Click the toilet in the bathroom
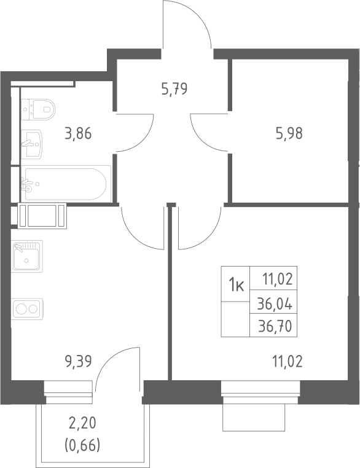(x=38, y=109)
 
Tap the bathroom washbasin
(x=31, y=144)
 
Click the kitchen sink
(x=27, y=256)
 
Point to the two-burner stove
(x=27, y=308)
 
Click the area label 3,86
(x=78, y=133)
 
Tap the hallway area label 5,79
(x=174, y=88)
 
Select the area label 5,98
(x=289, y=133)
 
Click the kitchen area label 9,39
(x=78, y=362)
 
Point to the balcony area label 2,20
(x=82, y=423)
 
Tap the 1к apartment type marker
(x=236, y=286)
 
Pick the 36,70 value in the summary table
(x=275, y=327)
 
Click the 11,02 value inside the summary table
(x=277, y=279)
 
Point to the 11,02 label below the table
(x=287, y=362)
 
